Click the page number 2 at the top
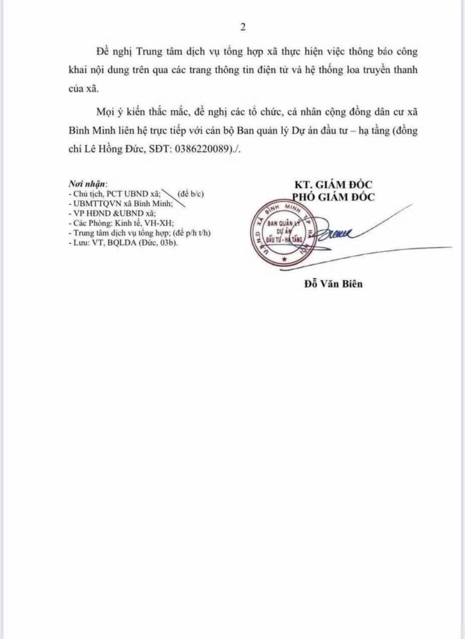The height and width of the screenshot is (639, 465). [243, 27]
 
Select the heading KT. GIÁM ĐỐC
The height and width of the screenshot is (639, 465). [330, 186]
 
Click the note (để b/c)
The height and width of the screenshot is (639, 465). [190, 193]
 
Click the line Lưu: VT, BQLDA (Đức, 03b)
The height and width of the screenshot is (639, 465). [123, 243]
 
